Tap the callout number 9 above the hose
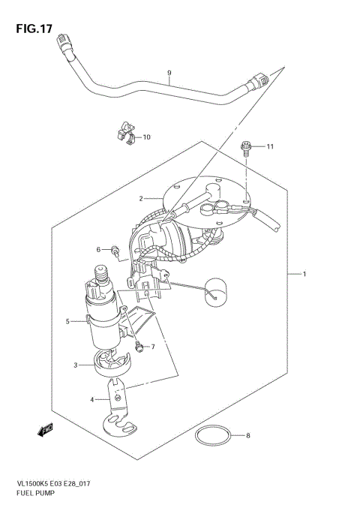coord(169,73)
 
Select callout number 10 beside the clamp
coord(146,137)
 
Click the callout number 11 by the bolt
coord(270,146)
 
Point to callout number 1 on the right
coord(304,273)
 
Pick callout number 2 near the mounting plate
coord(139,199)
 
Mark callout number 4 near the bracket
coord(93,399)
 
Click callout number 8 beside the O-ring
coord(249,434)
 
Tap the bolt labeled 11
coord(244,148)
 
